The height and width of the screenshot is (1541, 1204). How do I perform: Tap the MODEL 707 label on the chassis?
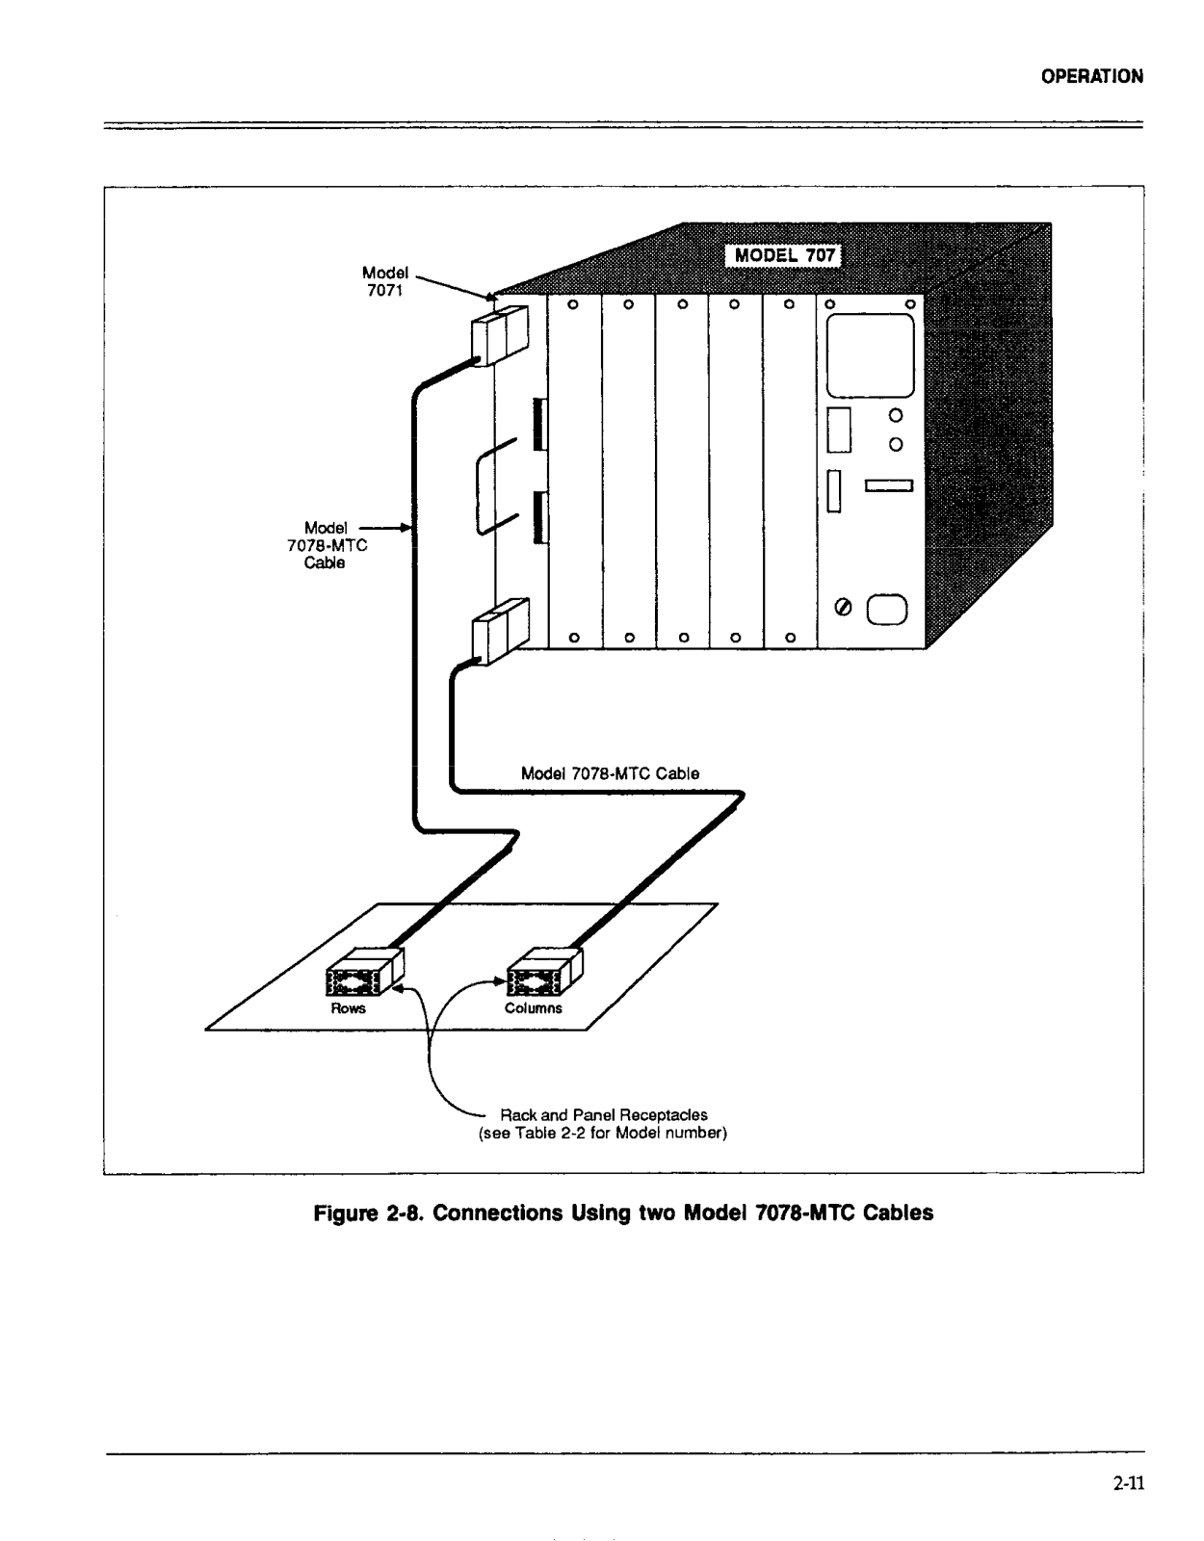coord(784,256)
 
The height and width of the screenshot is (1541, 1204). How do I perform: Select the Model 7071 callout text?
coord(385,281)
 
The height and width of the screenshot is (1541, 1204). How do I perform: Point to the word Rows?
coord(348,1008)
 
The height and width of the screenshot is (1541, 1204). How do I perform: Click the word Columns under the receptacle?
coord(533,1008)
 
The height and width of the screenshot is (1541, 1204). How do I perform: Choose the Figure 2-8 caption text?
coord(624,1214)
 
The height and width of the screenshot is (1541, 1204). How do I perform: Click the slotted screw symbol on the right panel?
coord(844,609)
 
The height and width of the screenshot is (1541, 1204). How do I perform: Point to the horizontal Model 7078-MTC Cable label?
coord(610,773)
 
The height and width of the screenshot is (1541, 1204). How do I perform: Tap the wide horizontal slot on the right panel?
coord(888,485)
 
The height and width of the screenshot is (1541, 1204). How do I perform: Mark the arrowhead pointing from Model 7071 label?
coord(489,296)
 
